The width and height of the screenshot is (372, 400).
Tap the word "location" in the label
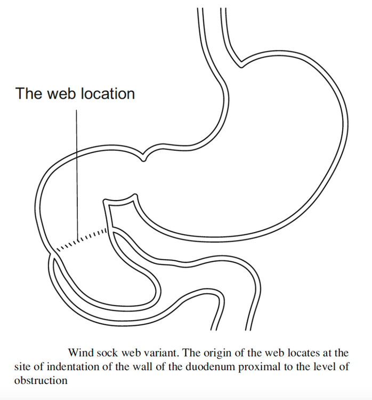[108, 94]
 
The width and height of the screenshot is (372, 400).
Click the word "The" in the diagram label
[29, 94]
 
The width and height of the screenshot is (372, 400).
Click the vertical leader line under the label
[77, 175]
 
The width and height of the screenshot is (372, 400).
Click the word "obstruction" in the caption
[41, 381]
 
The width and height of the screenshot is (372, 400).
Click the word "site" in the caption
[23, 367]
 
